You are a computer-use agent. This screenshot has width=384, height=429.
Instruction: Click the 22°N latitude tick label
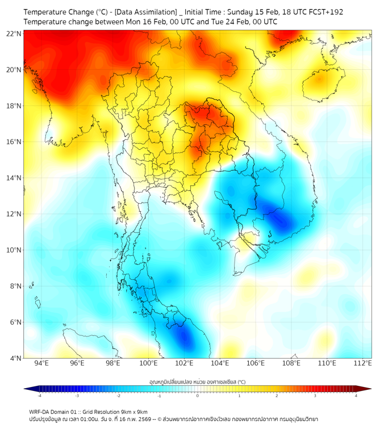pyautogui.click(x=14, y=33)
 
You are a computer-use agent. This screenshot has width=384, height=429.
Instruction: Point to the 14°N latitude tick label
pyautogui.click(x=14, y=178)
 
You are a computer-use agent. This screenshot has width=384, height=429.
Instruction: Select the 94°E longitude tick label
pyautogui.click(x=41, y=364)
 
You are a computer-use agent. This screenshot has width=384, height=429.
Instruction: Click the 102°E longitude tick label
pyautogui.click(x=184, y=364)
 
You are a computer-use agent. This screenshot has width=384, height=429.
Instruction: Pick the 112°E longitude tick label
pyautogui.click(x=362, y=364)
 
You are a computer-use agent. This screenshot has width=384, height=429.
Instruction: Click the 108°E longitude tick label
pyautogui.click(x=291, y=364)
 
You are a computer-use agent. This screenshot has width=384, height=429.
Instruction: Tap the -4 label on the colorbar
pyautogui.click(x=39, y=396)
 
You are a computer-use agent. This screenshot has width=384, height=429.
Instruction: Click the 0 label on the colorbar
pyautogui.click(x=198, y=396)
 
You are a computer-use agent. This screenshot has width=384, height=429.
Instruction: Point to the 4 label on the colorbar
pyautogui.click(x=356, y=396)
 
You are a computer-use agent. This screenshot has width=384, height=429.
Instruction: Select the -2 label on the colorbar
pyautogui.click(x=118, y=396)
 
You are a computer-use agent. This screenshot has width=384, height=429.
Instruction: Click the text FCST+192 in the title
pyautogui.click(x=325, y=11)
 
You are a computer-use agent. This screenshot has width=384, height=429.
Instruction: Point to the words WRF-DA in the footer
pyautogui.click(x=40, y=411)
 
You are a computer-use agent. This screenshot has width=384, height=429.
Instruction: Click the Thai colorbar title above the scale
pyautogui.click(x=197, y=382)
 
